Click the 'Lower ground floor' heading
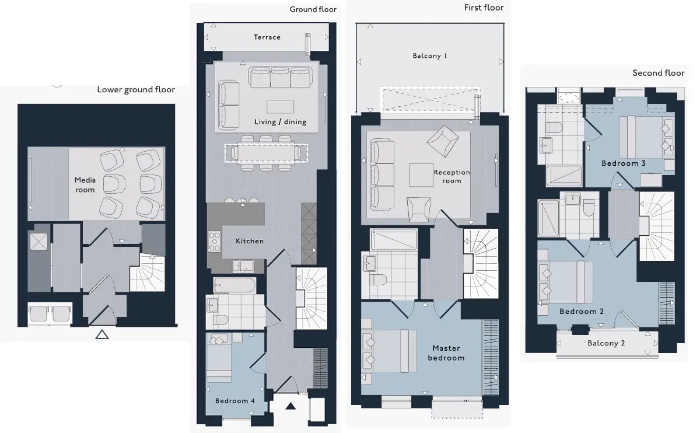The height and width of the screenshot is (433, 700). (136, 90)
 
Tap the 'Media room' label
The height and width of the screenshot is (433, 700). (85, 185)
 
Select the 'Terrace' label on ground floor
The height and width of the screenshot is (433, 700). (267, 37)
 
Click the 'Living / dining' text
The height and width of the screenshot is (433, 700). (280, 122)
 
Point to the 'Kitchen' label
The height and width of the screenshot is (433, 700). (250, 241)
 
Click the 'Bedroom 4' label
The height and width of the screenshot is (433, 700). (235, 401)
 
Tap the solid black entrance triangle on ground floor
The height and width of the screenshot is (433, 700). (290, 406)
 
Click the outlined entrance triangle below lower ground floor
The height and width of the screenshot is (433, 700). (102, 335)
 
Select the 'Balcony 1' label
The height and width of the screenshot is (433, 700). (430, 56)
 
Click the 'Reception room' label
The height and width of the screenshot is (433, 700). (452, 176)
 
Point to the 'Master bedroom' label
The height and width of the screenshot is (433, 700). (446, 353)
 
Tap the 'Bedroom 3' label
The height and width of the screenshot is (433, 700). (623, 163)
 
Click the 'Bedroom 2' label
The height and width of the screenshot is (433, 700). (581, 312)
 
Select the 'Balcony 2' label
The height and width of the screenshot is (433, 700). (606, 343)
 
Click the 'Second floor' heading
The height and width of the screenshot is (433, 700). (659, 73)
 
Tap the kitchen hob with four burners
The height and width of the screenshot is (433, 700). (215, 242)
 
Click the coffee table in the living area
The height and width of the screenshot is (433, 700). (280, 107)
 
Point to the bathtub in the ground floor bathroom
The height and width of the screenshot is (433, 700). (235, 285)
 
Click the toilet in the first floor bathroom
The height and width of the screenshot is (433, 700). (378, 280)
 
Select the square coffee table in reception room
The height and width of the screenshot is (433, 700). (421, 175)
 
